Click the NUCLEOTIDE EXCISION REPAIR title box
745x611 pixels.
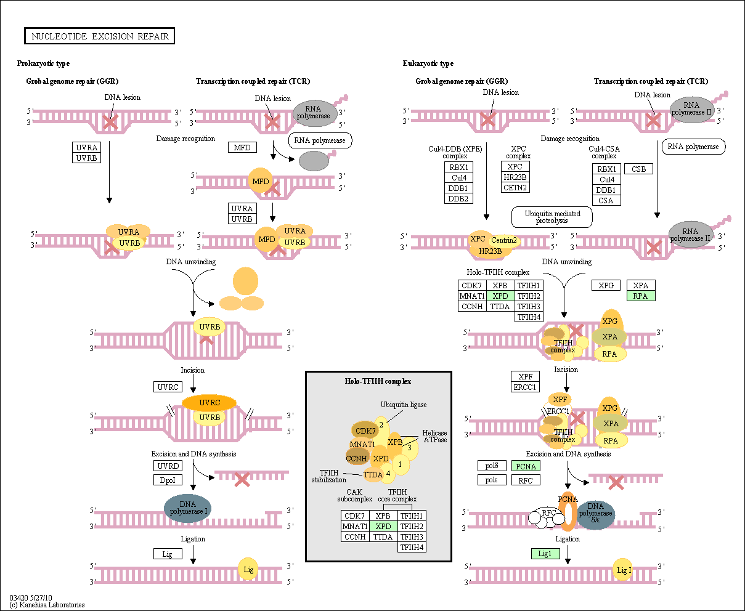[99, 36]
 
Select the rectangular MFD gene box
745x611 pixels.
[242, 147]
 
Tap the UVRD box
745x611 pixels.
[168, 466]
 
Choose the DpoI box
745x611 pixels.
[168, 480]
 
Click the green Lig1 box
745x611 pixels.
[545, 554]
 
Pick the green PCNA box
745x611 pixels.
[526, 466]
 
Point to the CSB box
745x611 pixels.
[638, 169]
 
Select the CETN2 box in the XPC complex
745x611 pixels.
[515, 187]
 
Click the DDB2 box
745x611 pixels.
[458, 198]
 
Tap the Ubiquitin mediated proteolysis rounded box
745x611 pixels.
[552, 217]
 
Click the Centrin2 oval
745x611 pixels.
[503, 240]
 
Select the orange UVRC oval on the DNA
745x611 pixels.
[209, 403]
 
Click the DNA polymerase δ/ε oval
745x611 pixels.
[596, 516]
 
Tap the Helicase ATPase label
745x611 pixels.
[435, 436]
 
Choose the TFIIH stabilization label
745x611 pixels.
[328, 476]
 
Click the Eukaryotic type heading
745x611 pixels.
[428, 63]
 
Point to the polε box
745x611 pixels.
[491, 480]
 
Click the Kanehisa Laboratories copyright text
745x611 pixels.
[47, 605]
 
